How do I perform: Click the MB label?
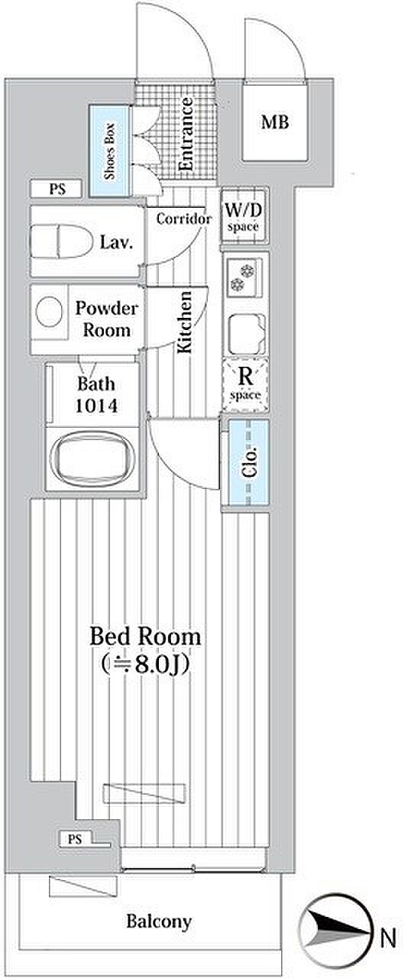(x=275, y=122)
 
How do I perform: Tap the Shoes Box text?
(x=109, y=151)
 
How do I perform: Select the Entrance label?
(x=186, y=134)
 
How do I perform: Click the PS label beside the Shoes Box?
(x=57, y=189)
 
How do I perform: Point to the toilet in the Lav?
(x=61, y=241)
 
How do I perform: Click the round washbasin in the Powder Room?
(x=48, y=311)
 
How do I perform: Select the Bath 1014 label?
(x=96, y=395)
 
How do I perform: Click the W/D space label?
(x=244, y=216)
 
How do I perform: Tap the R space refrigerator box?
(x=244, y=384)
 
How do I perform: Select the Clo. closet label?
(x=250, y=461)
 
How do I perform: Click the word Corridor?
(x=184, y=219)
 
